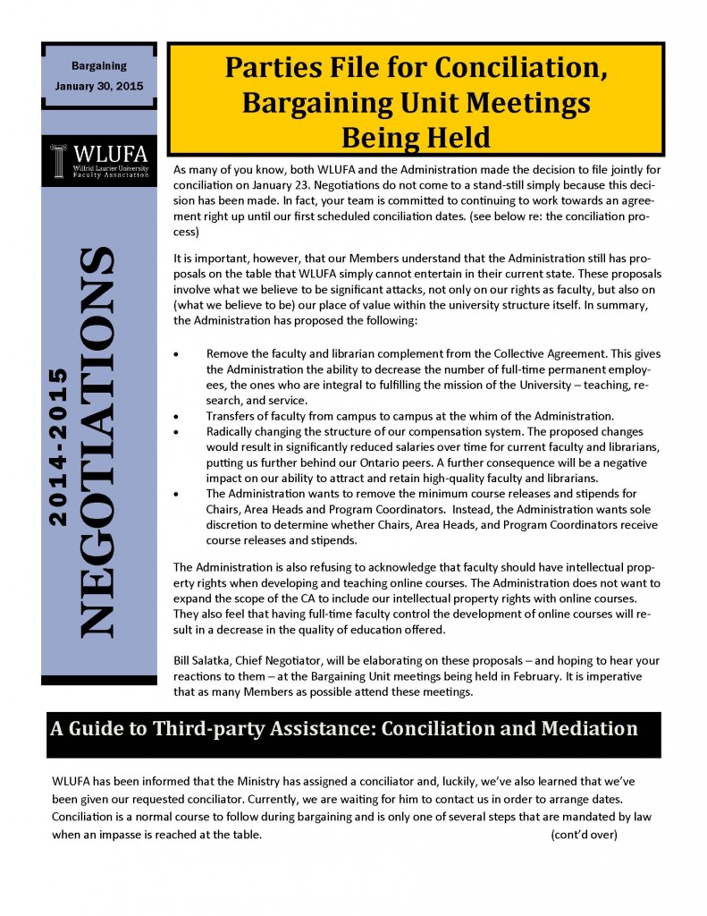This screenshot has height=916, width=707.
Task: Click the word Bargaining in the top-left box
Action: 98,66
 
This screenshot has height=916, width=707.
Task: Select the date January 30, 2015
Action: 98,87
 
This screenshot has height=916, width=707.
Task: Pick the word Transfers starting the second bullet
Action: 231,415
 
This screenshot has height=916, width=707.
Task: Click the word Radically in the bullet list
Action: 231,430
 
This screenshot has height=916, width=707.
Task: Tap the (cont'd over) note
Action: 584,835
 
